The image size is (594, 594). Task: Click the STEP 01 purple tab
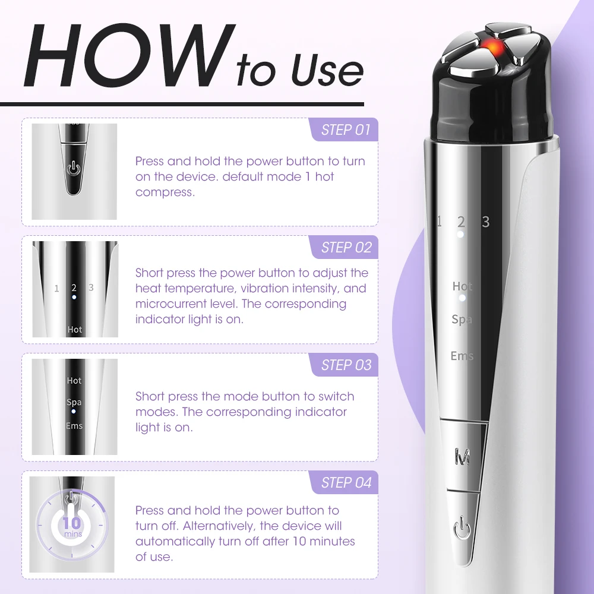(345, 130)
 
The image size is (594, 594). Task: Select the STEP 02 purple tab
(345, 248)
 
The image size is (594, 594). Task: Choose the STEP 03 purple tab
(345, 365)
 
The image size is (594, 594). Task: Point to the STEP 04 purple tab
(345, 483)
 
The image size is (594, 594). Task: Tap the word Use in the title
(326, 70)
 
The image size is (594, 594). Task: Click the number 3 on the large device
(486, 222)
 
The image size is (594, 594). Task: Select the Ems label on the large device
(462, 356)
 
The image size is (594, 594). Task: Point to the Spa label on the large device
(462, 320)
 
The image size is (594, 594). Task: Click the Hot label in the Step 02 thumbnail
(75, 329)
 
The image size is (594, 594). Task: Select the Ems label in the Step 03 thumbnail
(74, 426)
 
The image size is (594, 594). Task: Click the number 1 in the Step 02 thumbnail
(57, 289)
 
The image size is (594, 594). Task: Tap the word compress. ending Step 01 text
(165, 192)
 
